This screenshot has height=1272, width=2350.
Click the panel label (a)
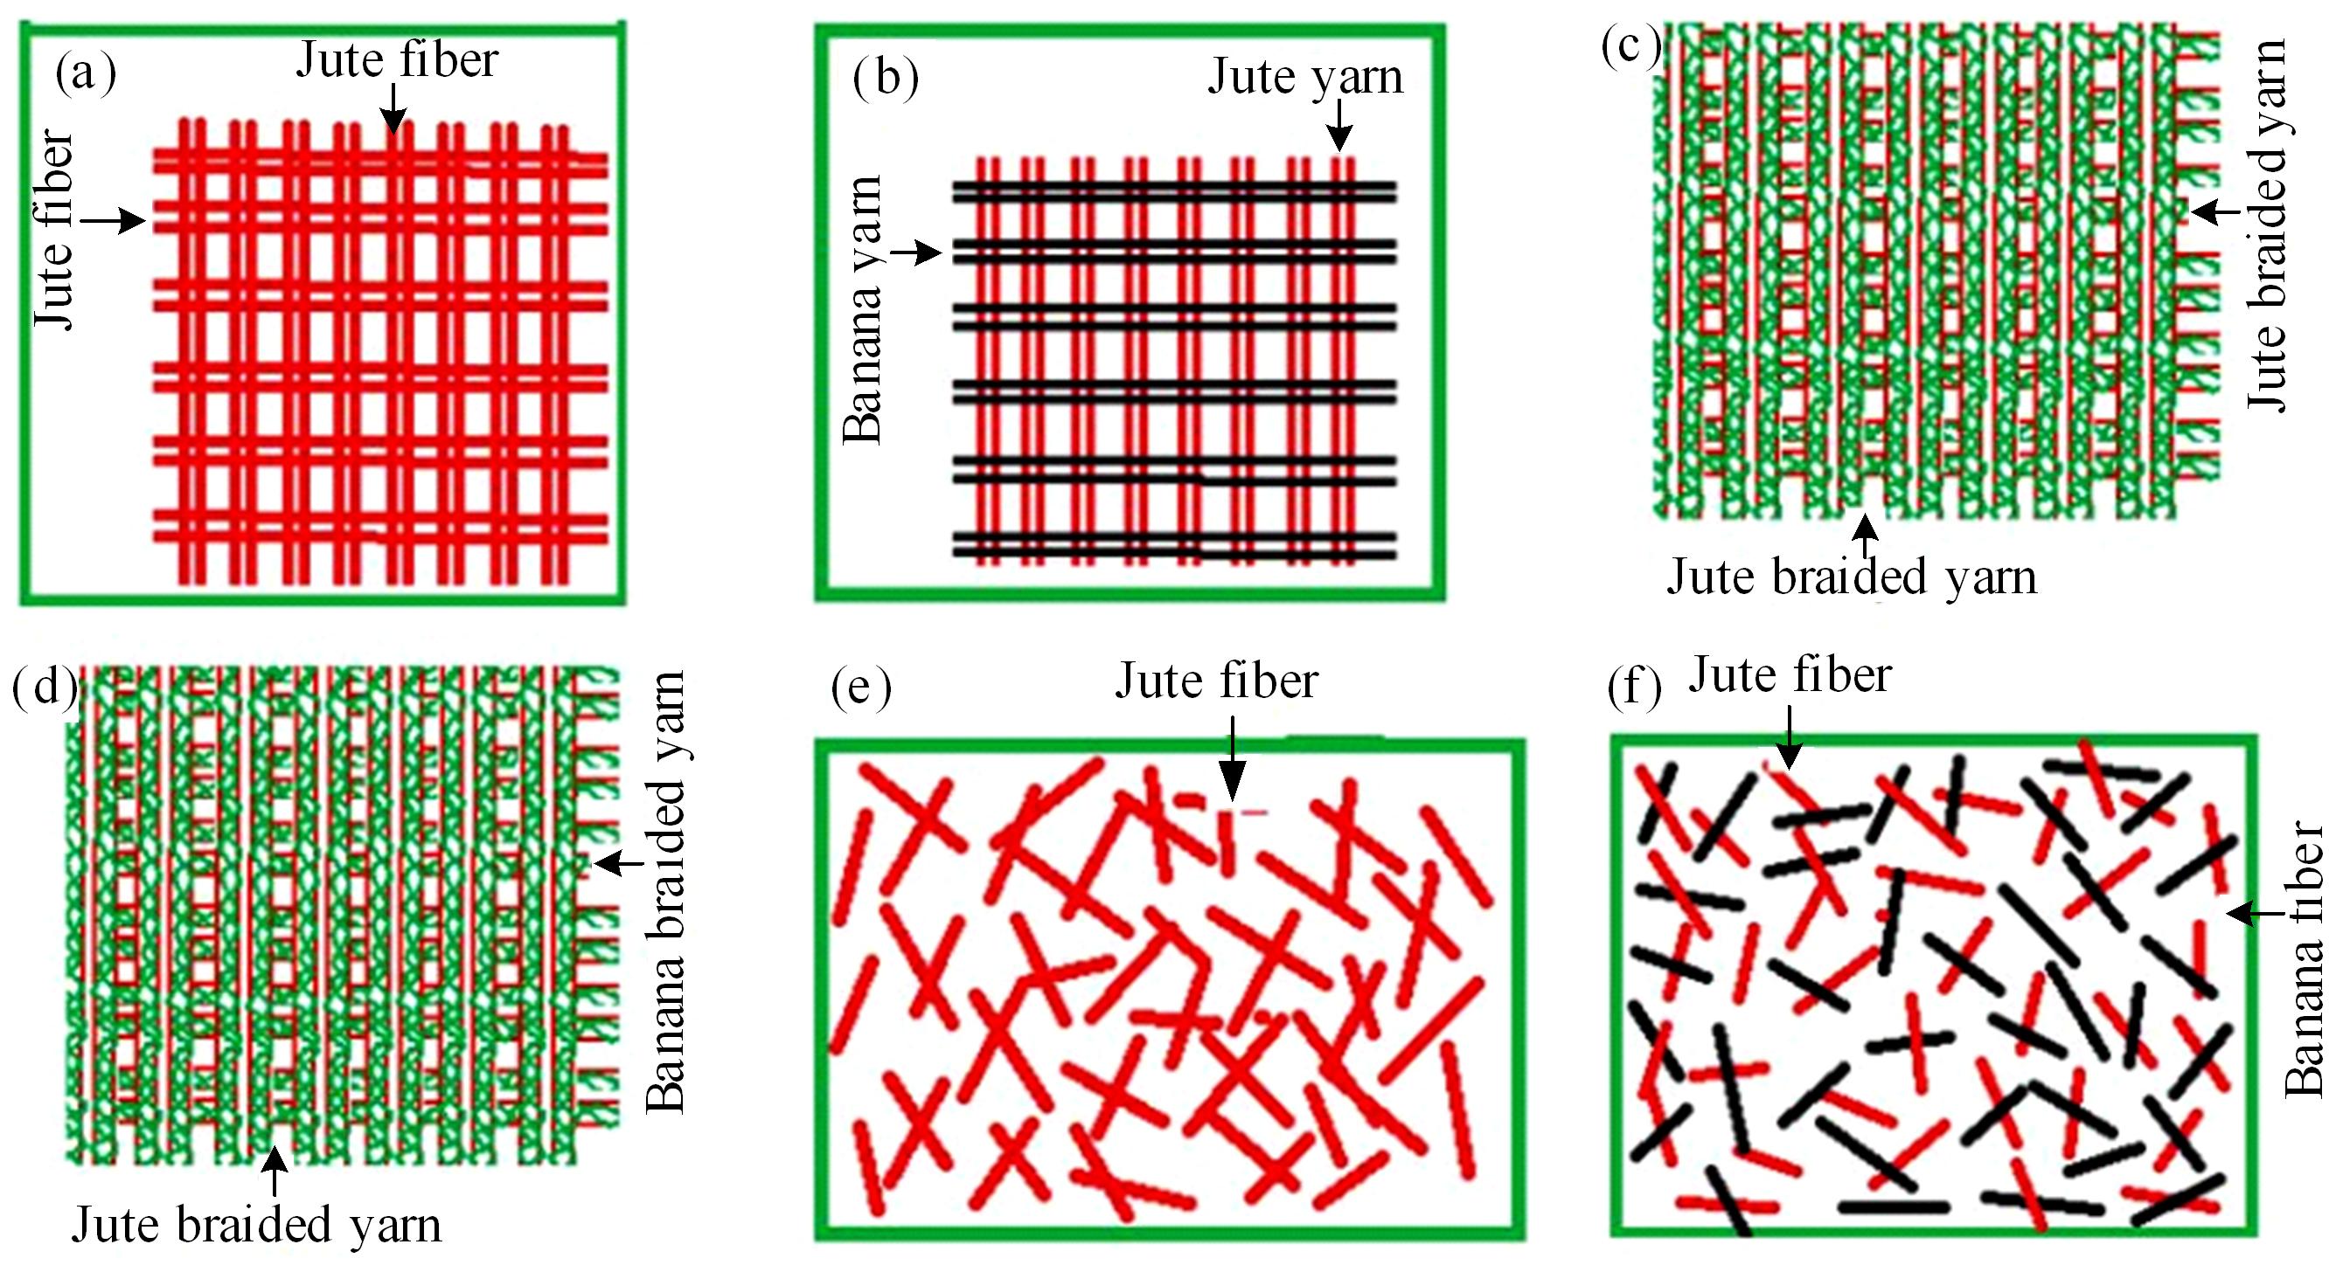tap(86, 73)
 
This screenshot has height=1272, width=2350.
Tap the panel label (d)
tap(44, 688)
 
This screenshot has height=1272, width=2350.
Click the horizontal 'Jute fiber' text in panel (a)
tap(397, 60)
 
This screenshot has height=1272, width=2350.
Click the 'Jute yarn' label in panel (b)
tap(1305, 76)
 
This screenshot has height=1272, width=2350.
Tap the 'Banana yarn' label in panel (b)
tap(863, 310)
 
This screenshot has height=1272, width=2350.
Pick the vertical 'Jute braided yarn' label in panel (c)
tap(2266, 226)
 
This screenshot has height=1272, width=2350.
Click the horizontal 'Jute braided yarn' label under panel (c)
tap(1852, 577)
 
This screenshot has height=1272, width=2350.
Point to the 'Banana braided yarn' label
tap(665, 892)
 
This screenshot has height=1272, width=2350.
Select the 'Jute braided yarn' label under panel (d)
tap(256, 1224)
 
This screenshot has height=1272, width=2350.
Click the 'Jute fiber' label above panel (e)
tap(1217, 681)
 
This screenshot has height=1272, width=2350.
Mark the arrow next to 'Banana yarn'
tap(916, 252)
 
